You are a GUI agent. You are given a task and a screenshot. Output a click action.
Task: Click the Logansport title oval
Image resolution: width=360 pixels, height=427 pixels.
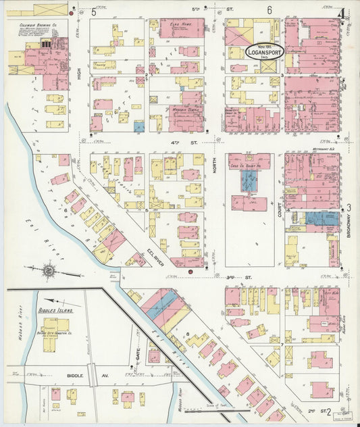(x=265, y=51)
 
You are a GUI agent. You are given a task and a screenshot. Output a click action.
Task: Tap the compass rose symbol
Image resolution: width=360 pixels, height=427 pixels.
(x=50, y=272)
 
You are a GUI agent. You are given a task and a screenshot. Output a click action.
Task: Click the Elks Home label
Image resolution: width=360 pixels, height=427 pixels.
(x=179, y=24)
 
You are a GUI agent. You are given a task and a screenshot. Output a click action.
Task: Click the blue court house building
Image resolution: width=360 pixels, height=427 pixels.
(x=249, y=180)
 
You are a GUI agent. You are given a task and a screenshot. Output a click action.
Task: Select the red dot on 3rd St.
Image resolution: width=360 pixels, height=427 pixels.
(x=191, y=272)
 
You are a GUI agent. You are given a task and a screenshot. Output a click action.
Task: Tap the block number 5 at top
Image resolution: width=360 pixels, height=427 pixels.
(x=94, y=11)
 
